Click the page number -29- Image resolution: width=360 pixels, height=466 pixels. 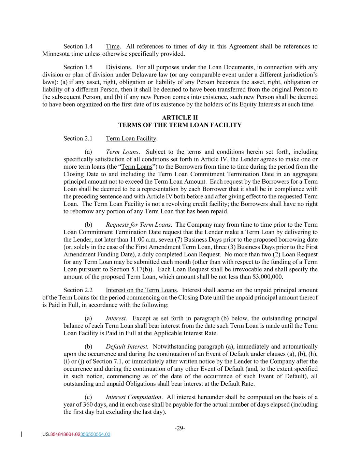click(x=180, y=428)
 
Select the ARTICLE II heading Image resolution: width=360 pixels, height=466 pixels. click(x=180, y=118)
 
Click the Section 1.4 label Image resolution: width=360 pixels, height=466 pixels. click(x=78, y=46)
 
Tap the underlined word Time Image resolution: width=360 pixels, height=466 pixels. click(x=113, y=46)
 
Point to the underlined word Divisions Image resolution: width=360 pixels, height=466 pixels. click(x=118, y=67)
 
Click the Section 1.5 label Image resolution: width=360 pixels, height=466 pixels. click(x=78, y=67)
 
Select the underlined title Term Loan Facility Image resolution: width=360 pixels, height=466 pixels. click(x=131, y=138)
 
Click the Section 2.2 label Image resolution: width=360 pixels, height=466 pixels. click(x=78, y=290)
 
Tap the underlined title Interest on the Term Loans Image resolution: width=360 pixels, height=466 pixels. click(x=141, y=290)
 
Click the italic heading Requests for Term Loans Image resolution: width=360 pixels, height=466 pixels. click(x=138, y=225)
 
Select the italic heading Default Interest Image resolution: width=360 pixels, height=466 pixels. click(x=127, y=347)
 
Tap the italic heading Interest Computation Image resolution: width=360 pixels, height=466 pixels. click(x=133, y=397)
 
